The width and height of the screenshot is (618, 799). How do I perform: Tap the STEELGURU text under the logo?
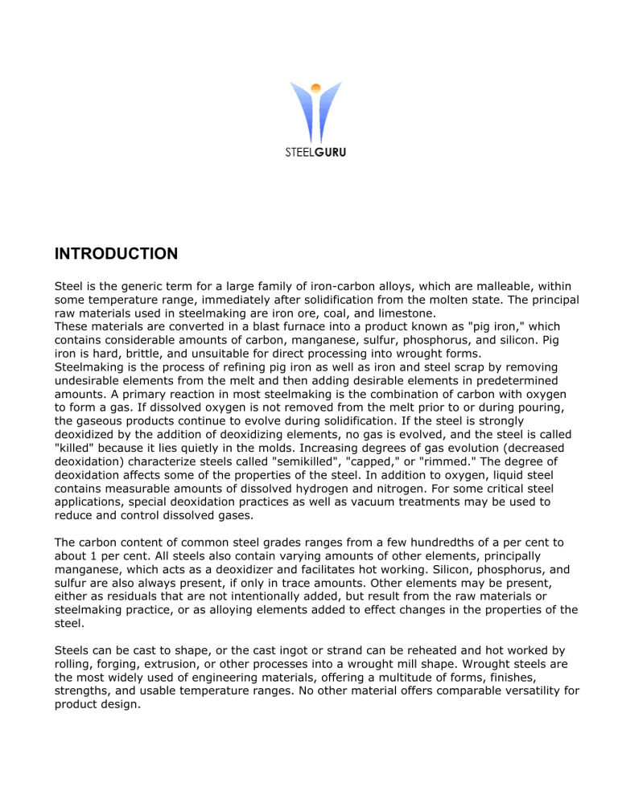click(308, 149)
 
